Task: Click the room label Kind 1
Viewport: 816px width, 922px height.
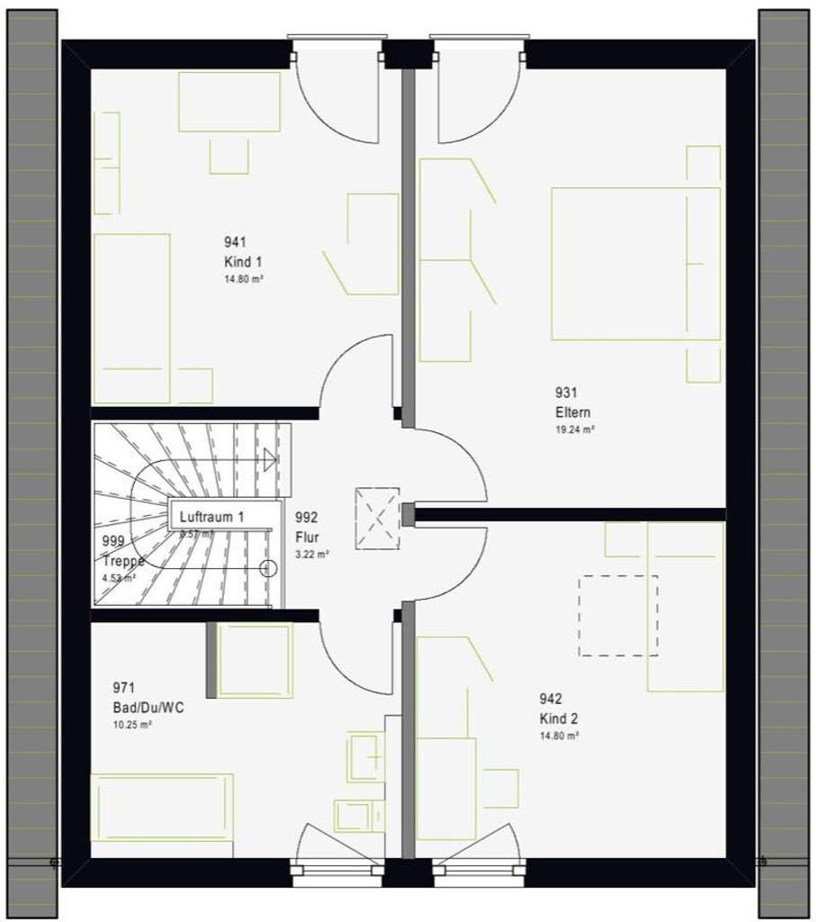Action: [243, 261]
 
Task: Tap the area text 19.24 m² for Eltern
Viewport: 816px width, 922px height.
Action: [575, 430]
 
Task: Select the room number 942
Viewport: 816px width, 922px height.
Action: [551, 699]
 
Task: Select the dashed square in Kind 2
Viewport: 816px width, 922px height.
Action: [617, 615]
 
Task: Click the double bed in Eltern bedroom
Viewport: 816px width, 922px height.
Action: [635, 263]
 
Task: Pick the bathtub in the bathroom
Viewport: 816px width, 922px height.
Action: [162, 815]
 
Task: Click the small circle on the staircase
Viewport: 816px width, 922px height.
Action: [266, 567]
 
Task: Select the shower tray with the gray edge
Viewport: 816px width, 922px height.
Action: [252, 660]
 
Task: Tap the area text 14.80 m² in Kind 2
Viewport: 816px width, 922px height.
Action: [559, 736]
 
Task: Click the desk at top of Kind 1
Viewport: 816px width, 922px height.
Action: [229, 102]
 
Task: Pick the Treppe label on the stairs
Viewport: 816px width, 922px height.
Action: [123, 560]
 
